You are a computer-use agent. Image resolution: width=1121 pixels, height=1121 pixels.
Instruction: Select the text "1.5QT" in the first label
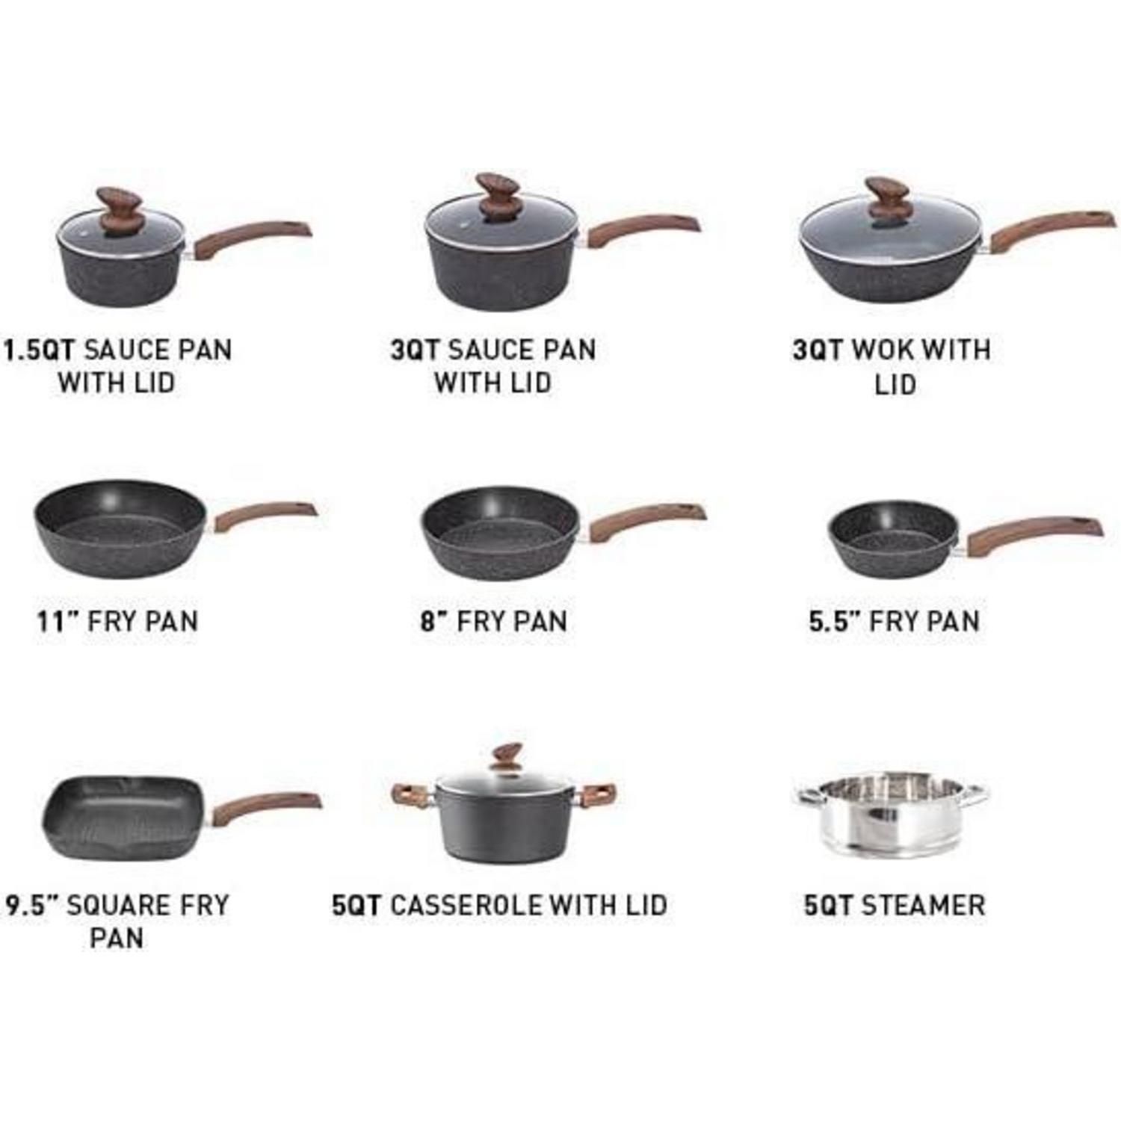[x=40, y=350]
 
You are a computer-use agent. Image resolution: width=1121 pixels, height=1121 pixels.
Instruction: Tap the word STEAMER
[x=923, y=905]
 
